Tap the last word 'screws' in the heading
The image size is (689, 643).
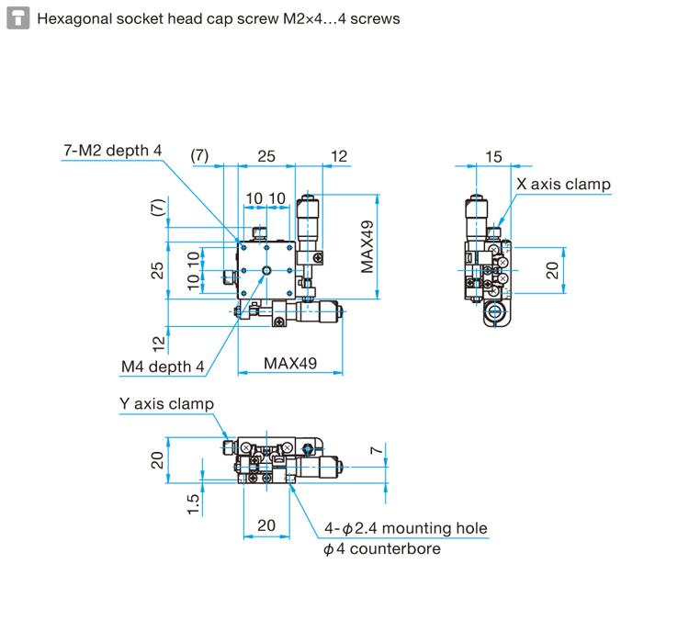click(x=376, y=18)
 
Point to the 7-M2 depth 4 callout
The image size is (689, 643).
click(x=111, y=151)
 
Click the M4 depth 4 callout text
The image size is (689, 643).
click(x=163, y=367)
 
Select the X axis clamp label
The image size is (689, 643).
click(x=563, y=185)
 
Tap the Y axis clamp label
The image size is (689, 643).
click(x=166, y=403)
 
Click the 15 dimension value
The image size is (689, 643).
click(x=493, y=157)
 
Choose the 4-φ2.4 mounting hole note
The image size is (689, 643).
click(x=405, y=528)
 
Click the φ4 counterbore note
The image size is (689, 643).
click(x=381, y=549)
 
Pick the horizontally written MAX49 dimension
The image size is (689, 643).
click(x=290, y=363)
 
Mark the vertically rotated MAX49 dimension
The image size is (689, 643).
click(x=368, y=246)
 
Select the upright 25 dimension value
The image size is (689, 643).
click(x=265, y=157)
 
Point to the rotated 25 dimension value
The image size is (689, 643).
click(x=157, y=270)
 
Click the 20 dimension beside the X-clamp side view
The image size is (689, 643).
click(x=552, y=270)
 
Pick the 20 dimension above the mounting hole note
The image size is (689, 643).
click(x=266, y=525)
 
